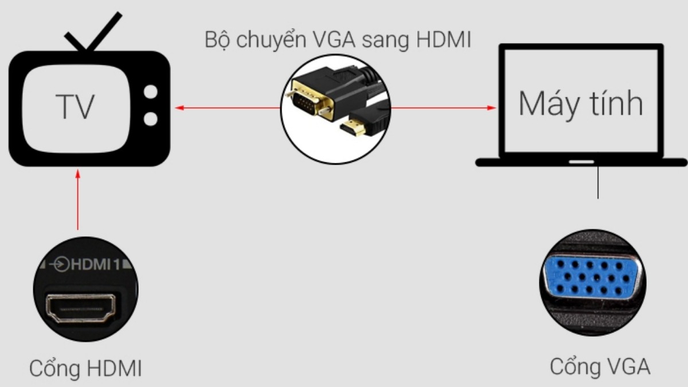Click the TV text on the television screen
coord(75,106)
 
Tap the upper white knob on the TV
coord(150,92)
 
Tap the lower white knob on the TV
coord(150,119)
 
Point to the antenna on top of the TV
coord(93,32)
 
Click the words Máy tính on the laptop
coord(580,104)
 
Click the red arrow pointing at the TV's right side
coord(227,108)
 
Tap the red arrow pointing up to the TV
coord(78,200)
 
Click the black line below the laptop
coord(597,182)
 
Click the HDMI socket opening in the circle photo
coord(81,308)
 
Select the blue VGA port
coord(592,277)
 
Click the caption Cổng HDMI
coord(85,368)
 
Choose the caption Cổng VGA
coord(600,367)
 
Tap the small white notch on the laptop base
coord(581,162)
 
